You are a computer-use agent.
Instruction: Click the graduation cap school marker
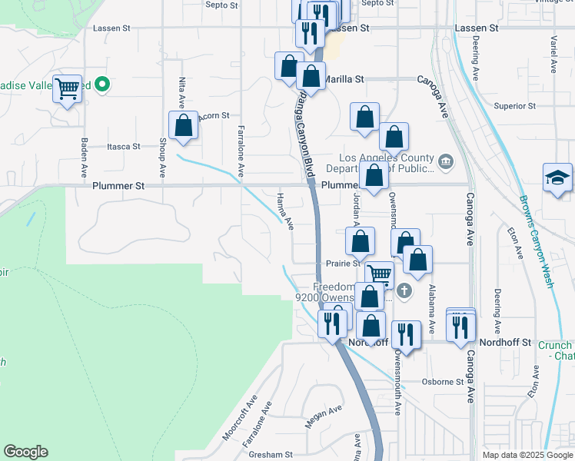[x=557, y=178]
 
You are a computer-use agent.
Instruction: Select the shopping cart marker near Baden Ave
[x=68, y=89]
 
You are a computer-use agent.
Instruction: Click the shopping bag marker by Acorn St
[x=184, y=125]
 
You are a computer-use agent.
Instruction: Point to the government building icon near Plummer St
[x=445, y=162]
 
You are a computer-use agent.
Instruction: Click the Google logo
[x=25, y=452]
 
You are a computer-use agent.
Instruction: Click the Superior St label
[x=514, y=106]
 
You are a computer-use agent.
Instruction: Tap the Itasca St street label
[x=123, y=146]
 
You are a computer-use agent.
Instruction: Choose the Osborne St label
[x=444, y=382]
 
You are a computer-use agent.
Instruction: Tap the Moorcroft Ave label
[x=239, y=418]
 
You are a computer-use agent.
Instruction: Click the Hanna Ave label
[x=284, y=211]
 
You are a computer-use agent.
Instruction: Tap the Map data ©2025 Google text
[x=527, y=455]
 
